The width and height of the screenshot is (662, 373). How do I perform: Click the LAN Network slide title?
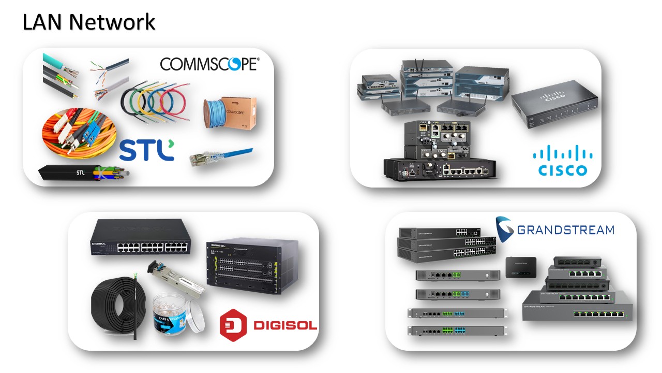coord(88,22)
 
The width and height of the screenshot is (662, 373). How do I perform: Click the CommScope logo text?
coord(209,64)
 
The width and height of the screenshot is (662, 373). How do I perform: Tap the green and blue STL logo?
coord(147,149)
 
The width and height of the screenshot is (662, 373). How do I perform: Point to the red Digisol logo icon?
coord(234,324)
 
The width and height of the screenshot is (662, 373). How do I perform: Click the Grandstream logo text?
coord(555,229)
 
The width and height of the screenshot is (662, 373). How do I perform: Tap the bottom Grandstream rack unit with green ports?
coord(456,331)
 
